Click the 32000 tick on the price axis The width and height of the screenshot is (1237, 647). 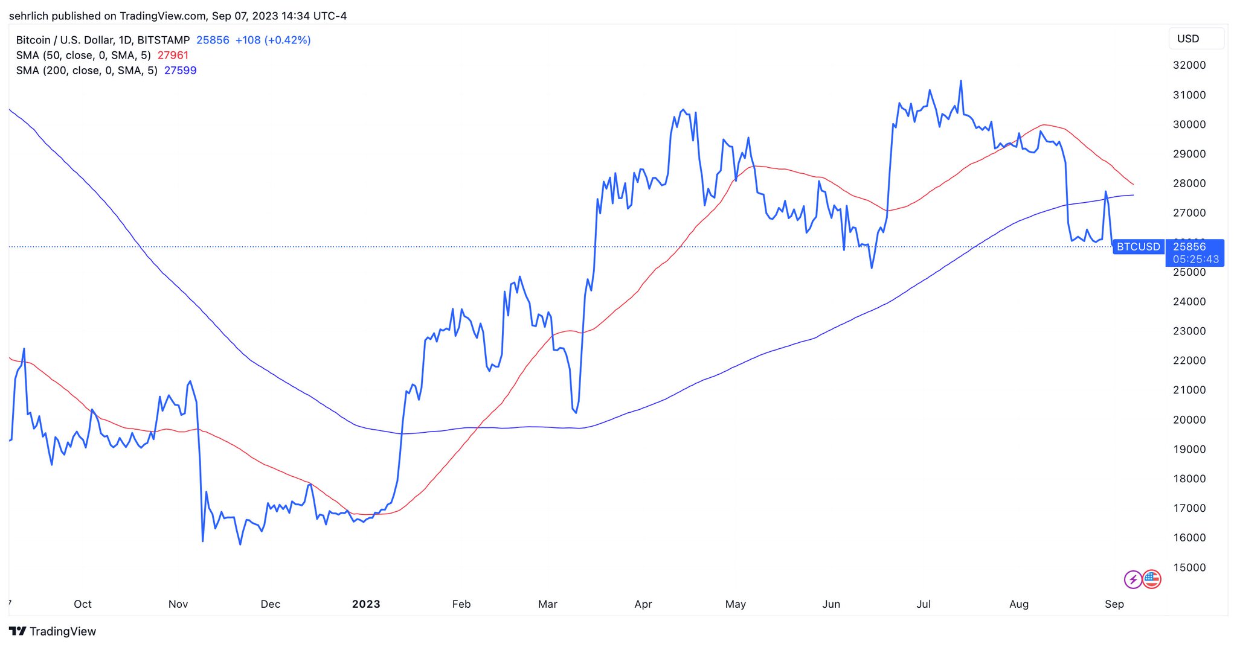pyautogui.click(x=1189, y=65)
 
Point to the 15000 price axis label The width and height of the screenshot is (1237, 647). pyautogui.click(x=1189, y=567)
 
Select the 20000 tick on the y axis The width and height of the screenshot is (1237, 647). pyautogui.click(x=1189, y=419)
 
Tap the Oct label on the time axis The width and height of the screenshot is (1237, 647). pyautogui.click(x=83, y=604)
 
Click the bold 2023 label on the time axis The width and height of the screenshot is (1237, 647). pyautogui.click(x=366, y=604)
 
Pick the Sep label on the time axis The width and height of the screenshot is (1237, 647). pyautogui.click(x=1114, y=604)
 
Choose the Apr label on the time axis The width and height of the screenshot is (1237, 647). pyautogui.click(x=643, y=604)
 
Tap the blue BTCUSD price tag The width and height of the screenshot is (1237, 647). pyautogui.click(x=1139, y=247)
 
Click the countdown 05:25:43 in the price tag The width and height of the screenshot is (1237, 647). pyautogui.click(x=1196, y=260)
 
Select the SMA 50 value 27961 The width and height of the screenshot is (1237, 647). pyautogui.click(x=173, y=56)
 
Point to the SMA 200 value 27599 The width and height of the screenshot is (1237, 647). pyautogui.click(x=181, y=71)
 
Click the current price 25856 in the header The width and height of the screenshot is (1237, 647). pyautogui.click(x=213, y=40)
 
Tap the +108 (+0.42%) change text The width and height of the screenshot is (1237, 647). pyautogui.click(x=273, y=40)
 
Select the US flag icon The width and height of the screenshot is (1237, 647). pyautogui.click(x=1152, y=579)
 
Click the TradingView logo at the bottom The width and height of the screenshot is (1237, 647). pyautogui.click(x=53, y=631)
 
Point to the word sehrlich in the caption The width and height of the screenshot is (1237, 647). pyautogui.click(x=30, y=16)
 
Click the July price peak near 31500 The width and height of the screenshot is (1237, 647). pyautogui.click(x=961, y=81)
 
